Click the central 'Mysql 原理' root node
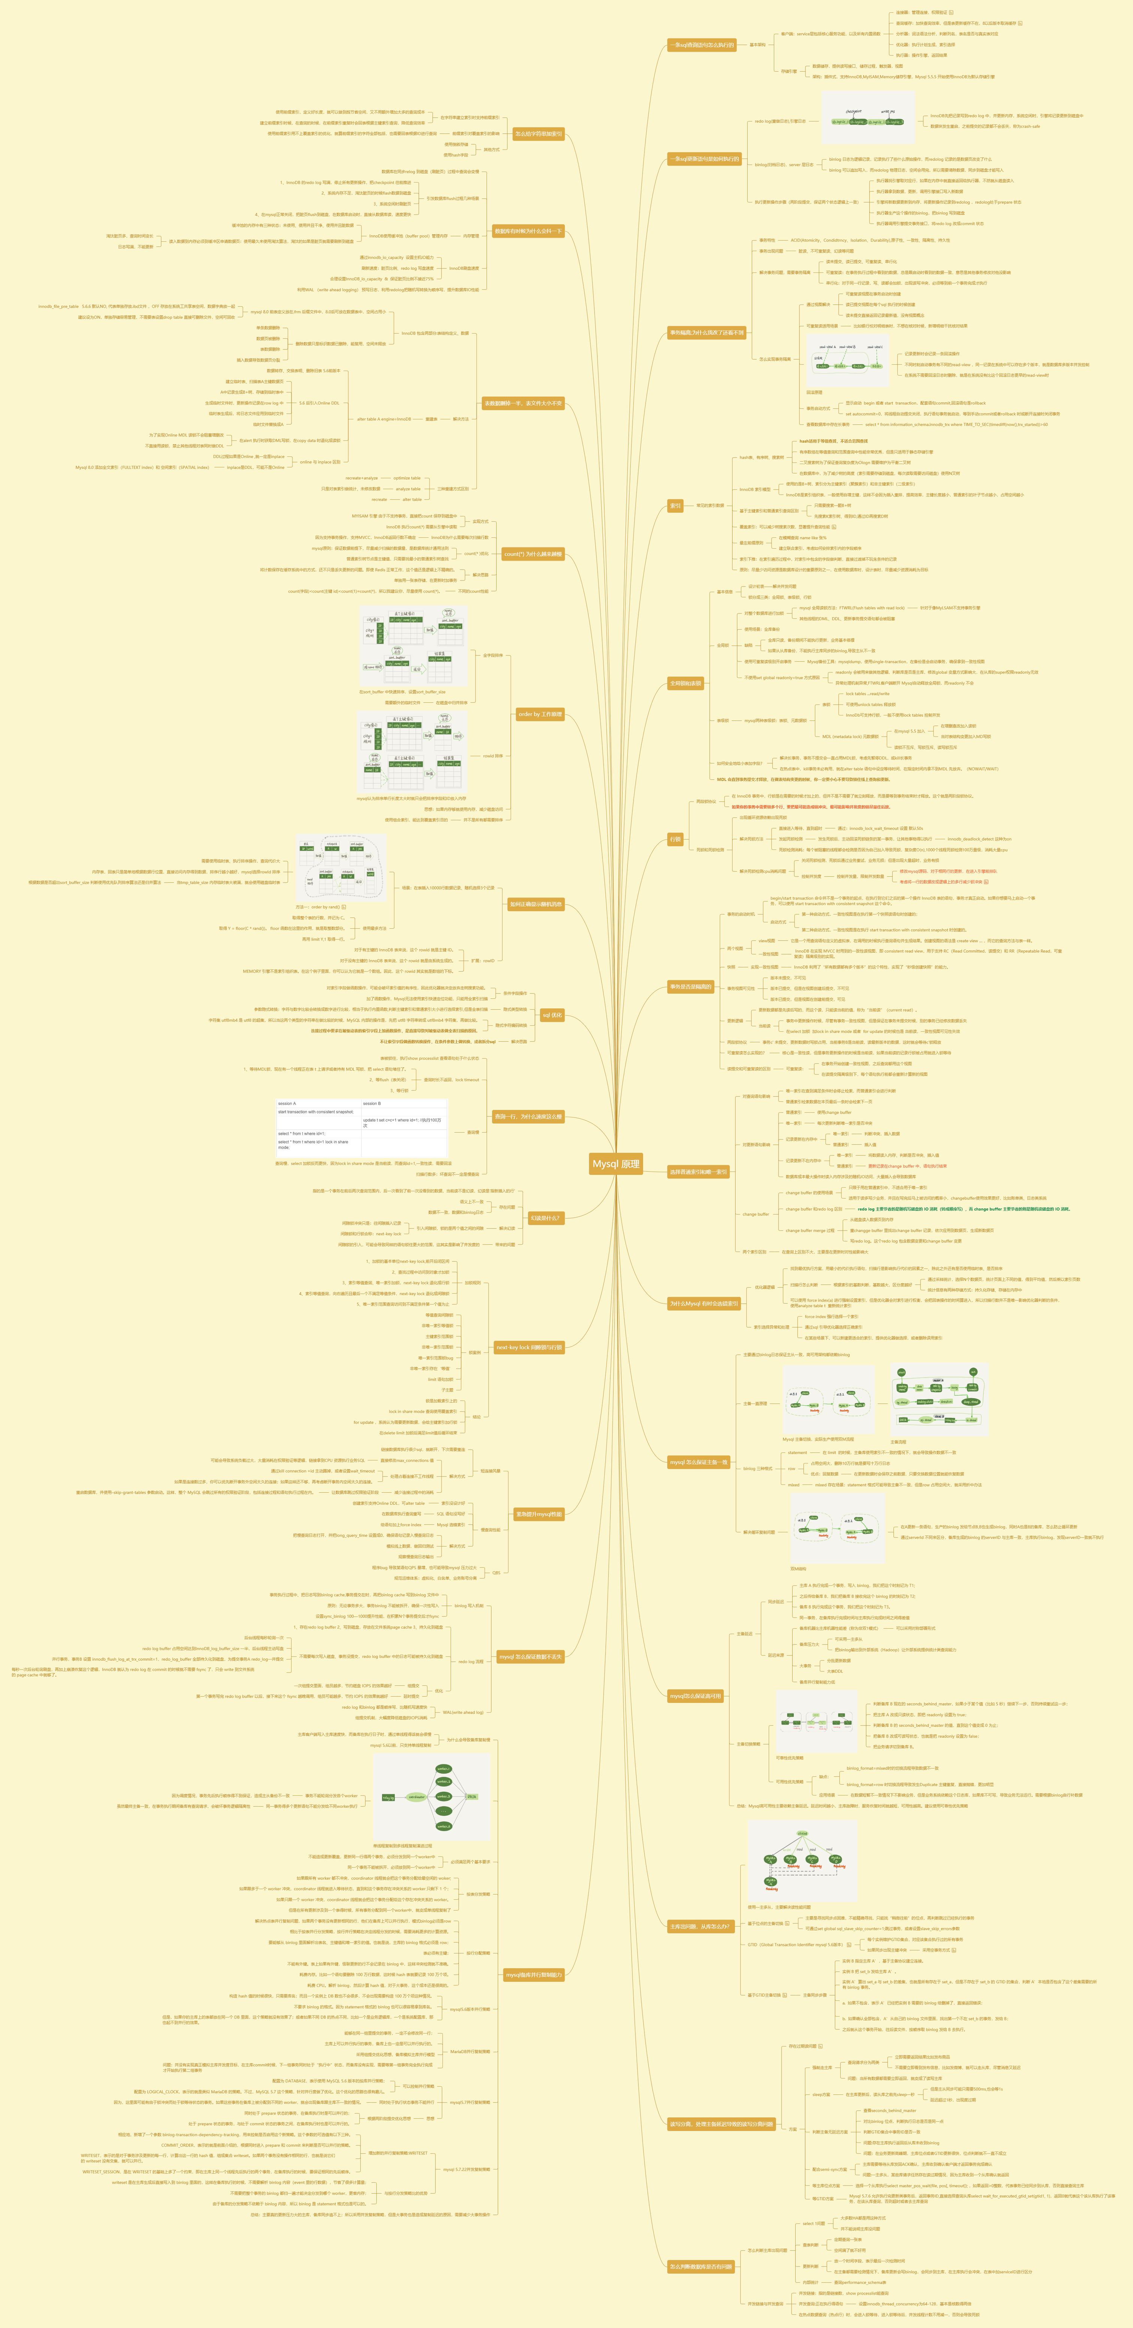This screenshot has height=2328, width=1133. pos(615,1164)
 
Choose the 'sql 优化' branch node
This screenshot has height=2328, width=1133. pos(551,1015)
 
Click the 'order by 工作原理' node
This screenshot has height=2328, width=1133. pos(540,714)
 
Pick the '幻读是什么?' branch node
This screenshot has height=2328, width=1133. pos(545,1217)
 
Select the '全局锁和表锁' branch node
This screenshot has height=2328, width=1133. pos(685,683)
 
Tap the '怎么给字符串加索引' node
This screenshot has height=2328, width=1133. pos(538,134)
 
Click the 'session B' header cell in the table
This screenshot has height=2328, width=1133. pos(372,1103)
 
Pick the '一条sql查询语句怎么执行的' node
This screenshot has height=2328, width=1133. pos(701,44)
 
